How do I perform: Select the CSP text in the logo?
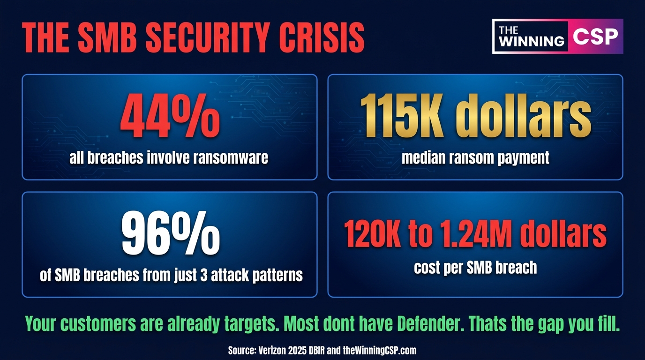pos(595,36)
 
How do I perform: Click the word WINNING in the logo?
pos(532,41)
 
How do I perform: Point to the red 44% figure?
pos(170,116)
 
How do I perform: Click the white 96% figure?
pos(171,233)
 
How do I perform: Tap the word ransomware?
pos(231,158)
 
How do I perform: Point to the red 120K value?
pos(373,233)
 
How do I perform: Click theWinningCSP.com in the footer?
pos(380,351)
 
